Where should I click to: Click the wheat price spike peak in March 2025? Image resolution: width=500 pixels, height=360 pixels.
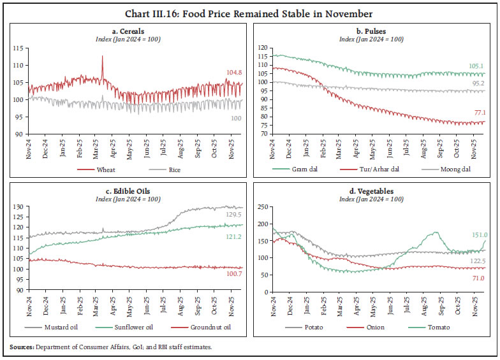point(102,57)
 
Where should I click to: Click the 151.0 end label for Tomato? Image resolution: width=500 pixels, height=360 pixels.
point(480,234)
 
